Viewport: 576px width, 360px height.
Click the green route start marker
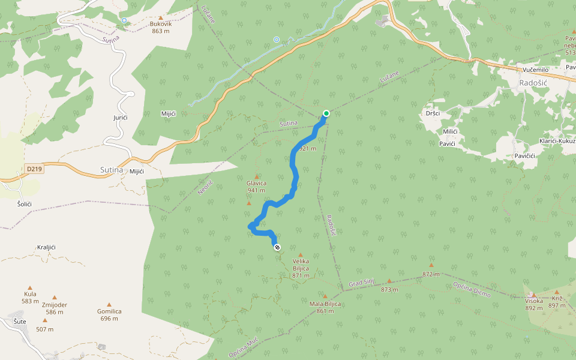click(326, 113)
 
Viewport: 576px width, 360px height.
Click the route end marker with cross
click(277, 247)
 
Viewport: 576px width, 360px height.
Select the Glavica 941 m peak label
click(256, 187)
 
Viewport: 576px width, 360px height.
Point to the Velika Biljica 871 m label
click(301, 265)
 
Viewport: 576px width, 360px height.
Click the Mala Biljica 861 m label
click(325, 307)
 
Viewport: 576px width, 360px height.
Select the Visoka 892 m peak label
click(533, 304)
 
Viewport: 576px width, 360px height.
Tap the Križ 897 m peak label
click(557, 302)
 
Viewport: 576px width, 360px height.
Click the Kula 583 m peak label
click(30, 297)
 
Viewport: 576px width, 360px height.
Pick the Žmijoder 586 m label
click(55, 308)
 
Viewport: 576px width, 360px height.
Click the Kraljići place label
click(46, 247)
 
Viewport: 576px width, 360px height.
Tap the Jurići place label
click(121, 117)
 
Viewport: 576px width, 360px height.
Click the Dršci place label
click(433, 113)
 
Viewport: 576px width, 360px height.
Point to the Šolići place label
click(24, 204)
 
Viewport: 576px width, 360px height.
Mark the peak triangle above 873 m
click(389, 281)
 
